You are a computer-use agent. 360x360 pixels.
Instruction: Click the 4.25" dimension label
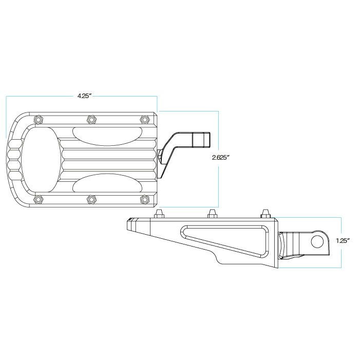click(84, 96)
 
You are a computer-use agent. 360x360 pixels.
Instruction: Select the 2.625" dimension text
click(220, 157)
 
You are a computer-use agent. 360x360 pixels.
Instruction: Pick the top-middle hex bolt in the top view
click(91, 119)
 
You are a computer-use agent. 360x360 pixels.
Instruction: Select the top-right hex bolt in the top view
click(144, 119)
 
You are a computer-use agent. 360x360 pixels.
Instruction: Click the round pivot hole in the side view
click(318, 241)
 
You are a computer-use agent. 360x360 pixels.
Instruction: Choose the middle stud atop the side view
click(212, 213)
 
